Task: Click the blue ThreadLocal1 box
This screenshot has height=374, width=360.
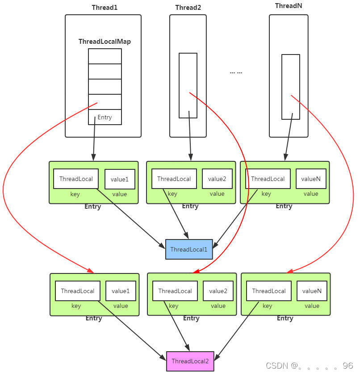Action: [x=189, y=249]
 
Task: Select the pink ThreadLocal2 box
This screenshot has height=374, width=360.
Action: [x=190, y=361]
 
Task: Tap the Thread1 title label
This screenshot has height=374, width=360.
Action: [x=105, y=8]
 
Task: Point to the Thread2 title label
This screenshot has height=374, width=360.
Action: [x=188, y=8]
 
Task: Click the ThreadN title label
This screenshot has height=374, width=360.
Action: [x=289, y=6]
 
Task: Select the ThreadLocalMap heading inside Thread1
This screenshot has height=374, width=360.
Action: [x=105, y=42]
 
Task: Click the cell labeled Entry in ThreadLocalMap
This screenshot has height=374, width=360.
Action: [x=105, y=117]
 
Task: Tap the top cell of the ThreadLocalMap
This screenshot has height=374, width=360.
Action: [x=105, y=56]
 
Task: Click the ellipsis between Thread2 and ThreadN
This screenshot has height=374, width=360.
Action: [x=236, y=72]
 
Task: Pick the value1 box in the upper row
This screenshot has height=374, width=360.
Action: [x=120, y=179]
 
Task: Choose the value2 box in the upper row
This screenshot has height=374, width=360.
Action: [x=217, y=179]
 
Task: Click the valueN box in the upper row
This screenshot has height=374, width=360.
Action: [x=311, y=179]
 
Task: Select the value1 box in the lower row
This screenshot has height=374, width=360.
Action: [x=121, y=291]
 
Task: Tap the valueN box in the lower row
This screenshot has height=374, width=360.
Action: [x=312, y=291]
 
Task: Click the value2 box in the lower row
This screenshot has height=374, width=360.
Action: [x=218, y=291]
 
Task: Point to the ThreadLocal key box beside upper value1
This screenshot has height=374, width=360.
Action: [x=76, y=179]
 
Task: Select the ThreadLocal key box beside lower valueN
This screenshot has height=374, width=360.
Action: [x=269, y=291]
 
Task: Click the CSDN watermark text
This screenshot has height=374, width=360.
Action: [x=309, y=366]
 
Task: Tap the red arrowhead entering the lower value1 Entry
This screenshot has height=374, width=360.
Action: [x=91, y=271]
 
